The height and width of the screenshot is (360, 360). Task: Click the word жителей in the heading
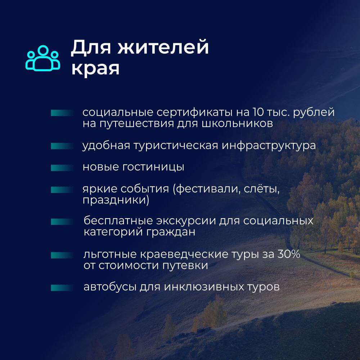pos(163,47)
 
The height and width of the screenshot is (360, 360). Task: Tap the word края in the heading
pos(95,68)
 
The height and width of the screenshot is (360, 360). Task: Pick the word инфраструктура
pos(269,145)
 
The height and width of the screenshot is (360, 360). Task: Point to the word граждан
pos(171,232)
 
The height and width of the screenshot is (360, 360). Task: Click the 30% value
pos(289,254)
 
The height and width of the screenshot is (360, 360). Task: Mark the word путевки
pos(185,266)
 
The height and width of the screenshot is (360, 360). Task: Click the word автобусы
pos(110,287)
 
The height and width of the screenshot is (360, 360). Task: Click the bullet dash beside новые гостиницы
pos(62,168)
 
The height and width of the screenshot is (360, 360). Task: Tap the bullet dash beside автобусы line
pos(62,288)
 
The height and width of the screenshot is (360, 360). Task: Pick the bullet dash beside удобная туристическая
pos(62,146)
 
